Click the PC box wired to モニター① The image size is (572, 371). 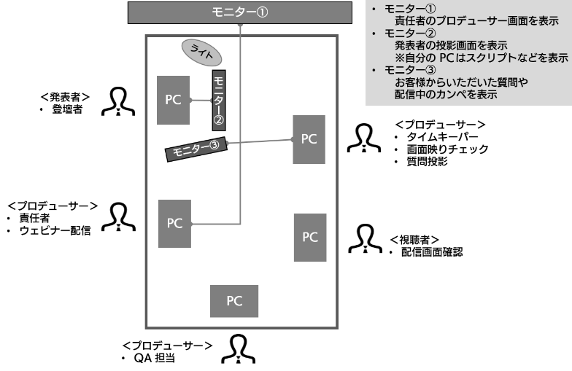[x=174, y=223]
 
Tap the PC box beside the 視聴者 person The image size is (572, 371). [x=310, y=237]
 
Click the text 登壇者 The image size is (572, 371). [x=66, y=109]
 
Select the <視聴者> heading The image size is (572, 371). [x=414, y=239]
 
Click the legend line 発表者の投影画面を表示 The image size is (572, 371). [x=441, y=44]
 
